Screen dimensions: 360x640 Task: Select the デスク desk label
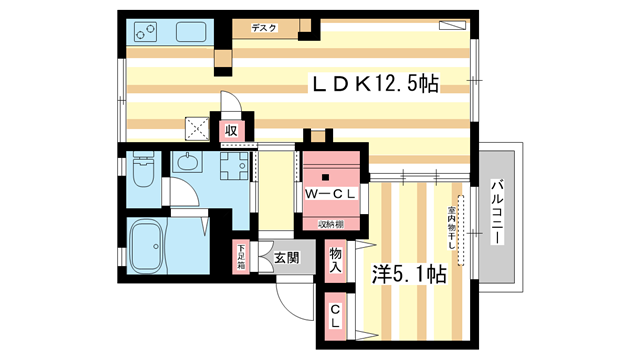click(264, 29)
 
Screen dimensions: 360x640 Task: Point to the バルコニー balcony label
click(497, 212)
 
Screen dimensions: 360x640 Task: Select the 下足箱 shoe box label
click(241, 257)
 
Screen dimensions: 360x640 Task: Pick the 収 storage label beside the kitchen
click(231, 129)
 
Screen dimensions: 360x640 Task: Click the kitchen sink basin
click(191, 32)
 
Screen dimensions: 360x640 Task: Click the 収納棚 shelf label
click(331, 223)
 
